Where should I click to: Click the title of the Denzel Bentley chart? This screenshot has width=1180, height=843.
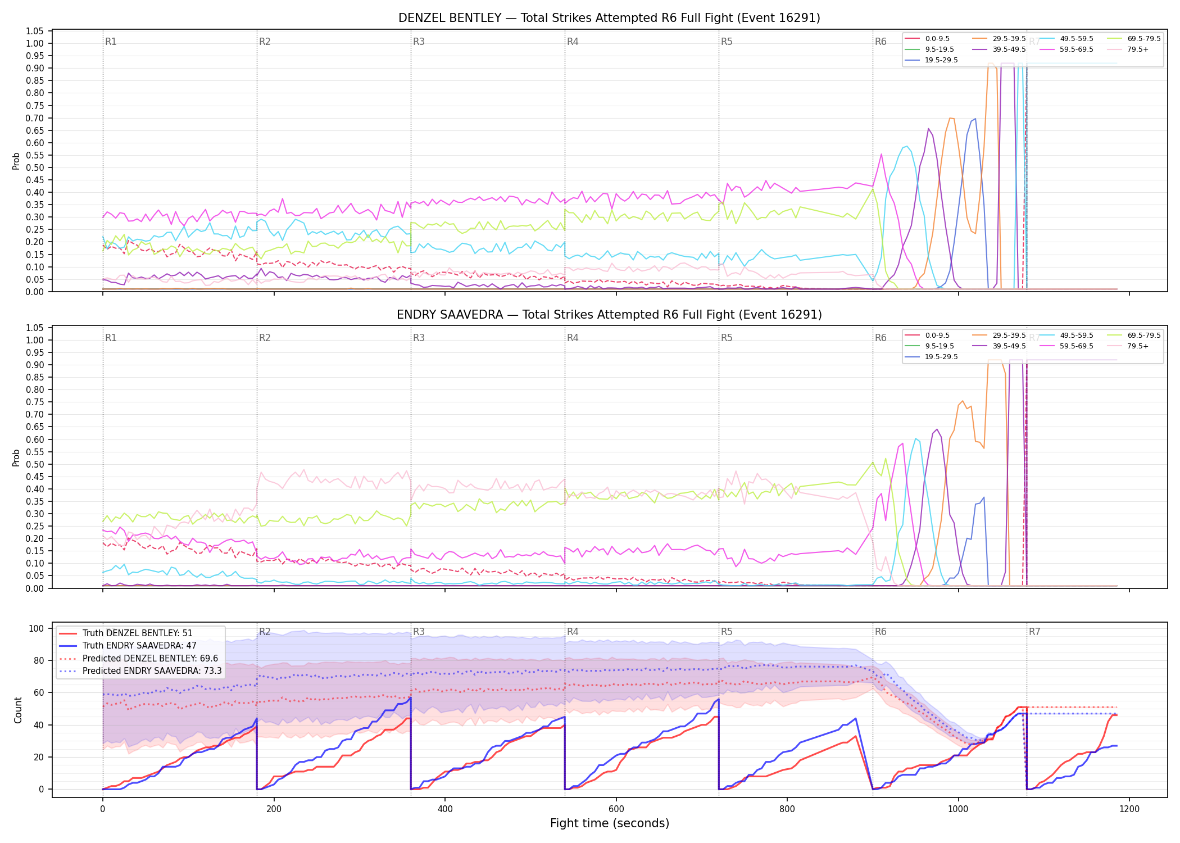click(x=609, y=18)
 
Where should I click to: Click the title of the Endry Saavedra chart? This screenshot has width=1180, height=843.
click(x=609, y=315)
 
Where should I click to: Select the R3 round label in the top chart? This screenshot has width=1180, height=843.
click(x=419, y=42)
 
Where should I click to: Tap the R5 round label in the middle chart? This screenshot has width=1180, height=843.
click(x=727, y=338)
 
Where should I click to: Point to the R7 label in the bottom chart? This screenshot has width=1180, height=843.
click(x=1034, y=632)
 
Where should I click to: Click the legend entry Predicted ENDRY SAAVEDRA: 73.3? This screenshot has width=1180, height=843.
click(x=140, y=670)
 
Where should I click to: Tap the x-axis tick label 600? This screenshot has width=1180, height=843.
click(x=616, y=809)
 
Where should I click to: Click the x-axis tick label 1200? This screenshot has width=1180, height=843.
click(x=1129, y=809)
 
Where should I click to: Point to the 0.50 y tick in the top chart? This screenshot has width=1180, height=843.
click(x=35, y=167)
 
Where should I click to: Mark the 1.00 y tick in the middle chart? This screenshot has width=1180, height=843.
click(x=35, y=340)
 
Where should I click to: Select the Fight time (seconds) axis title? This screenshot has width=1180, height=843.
click(x=610, y=823)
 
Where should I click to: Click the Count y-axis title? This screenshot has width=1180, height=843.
click(x=18, y=710)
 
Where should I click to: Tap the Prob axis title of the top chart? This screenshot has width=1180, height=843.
click(x=16, y=161)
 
